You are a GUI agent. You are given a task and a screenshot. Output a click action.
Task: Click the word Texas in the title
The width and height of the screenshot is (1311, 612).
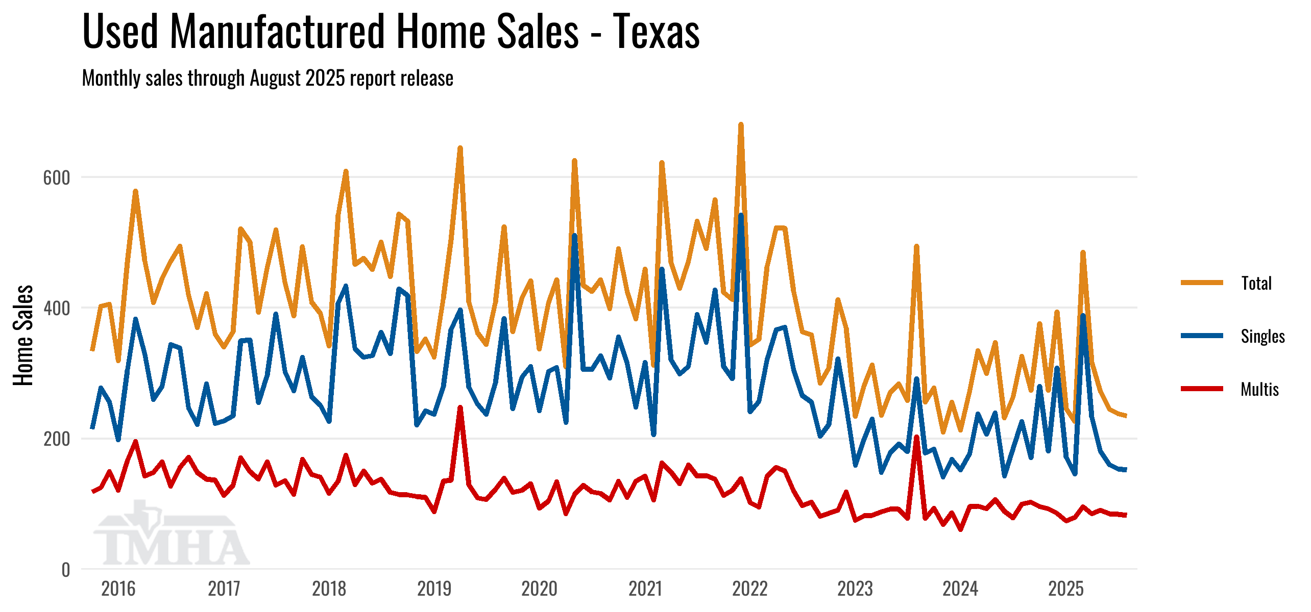656,32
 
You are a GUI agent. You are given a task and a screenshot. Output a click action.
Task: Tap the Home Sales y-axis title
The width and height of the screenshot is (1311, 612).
23,335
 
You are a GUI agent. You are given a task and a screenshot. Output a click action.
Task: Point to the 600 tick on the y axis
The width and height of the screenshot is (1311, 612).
56,178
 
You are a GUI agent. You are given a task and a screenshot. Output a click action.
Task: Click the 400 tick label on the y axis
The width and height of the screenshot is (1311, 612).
56,309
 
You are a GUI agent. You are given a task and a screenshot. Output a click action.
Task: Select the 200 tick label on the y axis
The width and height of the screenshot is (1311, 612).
56,439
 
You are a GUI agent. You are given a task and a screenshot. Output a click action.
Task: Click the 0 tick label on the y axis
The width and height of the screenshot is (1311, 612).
65,570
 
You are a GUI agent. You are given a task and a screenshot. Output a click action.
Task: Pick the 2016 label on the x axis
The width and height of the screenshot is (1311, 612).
118,589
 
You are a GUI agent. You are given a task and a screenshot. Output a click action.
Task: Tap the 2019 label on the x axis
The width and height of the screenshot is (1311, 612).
434,589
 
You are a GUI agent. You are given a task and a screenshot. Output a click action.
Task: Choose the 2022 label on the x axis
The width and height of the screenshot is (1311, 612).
749,589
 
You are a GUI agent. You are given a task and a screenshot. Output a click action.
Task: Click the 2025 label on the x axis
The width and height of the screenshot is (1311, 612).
1065,589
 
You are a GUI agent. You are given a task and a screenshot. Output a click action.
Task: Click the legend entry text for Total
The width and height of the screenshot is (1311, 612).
1256,283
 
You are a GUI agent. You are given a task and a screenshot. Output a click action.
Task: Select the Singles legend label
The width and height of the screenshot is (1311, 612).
1263,336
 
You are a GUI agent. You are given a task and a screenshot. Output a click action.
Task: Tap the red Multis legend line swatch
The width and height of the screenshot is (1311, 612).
1202,389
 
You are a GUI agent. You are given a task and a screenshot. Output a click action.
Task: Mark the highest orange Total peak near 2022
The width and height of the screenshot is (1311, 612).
741,125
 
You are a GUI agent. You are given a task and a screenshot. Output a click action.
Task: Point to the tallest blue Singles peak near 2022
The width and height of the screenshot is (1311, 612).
741,216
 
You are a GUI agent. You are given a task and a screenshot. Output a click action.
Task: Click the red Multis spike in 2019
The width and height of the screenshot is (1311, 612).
460,408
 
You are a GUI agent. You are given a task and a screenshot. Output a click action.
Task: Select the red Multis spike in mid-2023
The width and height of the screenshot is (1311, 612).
916,438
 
